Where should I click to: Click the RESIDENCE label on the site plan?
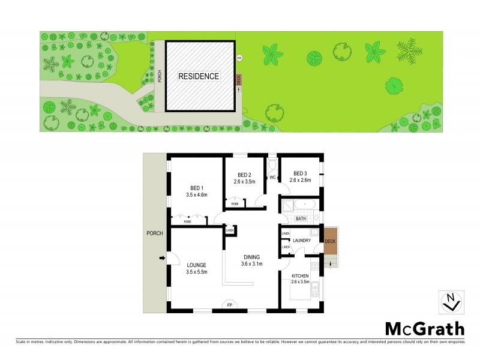coord(199,76)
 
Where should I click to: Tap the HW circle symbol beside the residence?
coord(239,58)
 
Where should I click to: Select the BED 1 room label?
coord(197,187)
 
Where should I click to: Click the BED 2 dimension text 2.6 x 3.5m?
coord(245,181)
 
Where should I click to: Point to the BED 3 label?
coord(300,173)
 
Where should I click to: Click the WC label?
coord(272,178)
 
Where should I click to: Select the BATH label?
coord(301,219)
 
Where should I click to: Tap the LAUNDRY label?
coord(302,241)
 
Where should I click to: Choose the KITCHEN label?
coord(300,277)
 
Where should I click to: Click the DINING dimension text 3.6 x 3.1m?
coord(252,264)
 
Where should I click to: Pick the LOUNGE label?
coord(197,265)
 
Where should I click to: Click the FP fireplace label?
coord(229,306)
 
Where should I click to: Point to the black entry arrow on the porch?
coord(161,259)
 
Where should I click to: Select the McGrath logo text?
coord(424,328)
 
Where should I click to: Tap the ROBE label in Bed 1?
coord(188,221)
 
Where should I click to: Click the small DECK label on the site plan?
coord(239,79)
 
